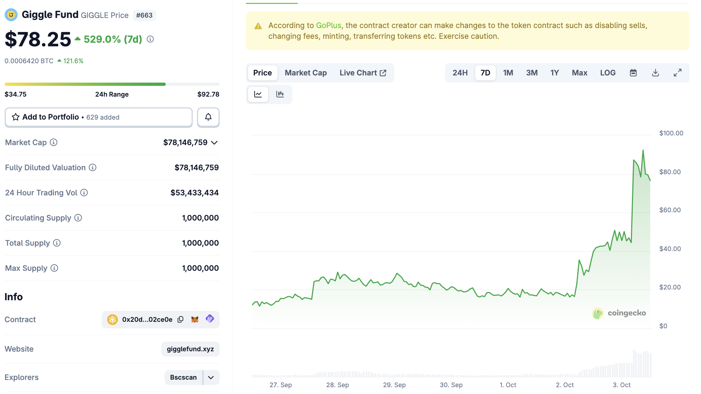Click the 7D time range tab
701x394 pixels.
tap(485, 73)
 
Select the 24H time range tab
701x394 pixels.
tap(460, 73)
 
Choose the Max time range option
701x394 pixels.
tap(579, 73)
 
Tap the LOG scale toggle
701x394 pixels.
tap(608, 73)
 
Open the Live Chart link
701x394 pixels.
tap(363, 73)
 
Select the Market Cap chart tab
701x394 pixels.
tap(306, 73)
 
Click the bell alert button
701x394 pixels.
tap(208, 117)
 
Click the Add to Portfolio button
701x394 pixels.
tap(98, 117)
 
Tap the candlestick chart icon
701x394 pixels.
tap(280, 94)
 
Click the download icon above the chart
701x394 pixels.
tap(655, 73)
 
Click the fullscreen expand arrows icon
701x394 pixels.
tap(677, 73)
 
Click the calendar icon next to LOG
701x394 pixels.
tap(633, 73)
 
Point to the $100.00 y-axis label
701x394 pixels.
tap(671, 133)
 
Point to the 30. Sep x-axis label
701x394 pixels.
tap(451, 385)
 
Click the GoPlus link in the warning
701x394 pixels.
tap(328, 26)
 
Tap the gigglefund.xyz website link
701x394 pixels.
tap(190, 349)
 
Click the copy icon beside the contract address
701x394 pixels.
tap(180, 319)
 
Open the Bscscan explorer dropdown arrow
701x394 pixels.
tap(211, 377)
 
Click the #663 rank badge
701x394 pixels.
tap(144, 15)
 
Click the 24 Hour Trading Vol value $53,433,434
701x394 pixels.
tap(194, 193)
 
